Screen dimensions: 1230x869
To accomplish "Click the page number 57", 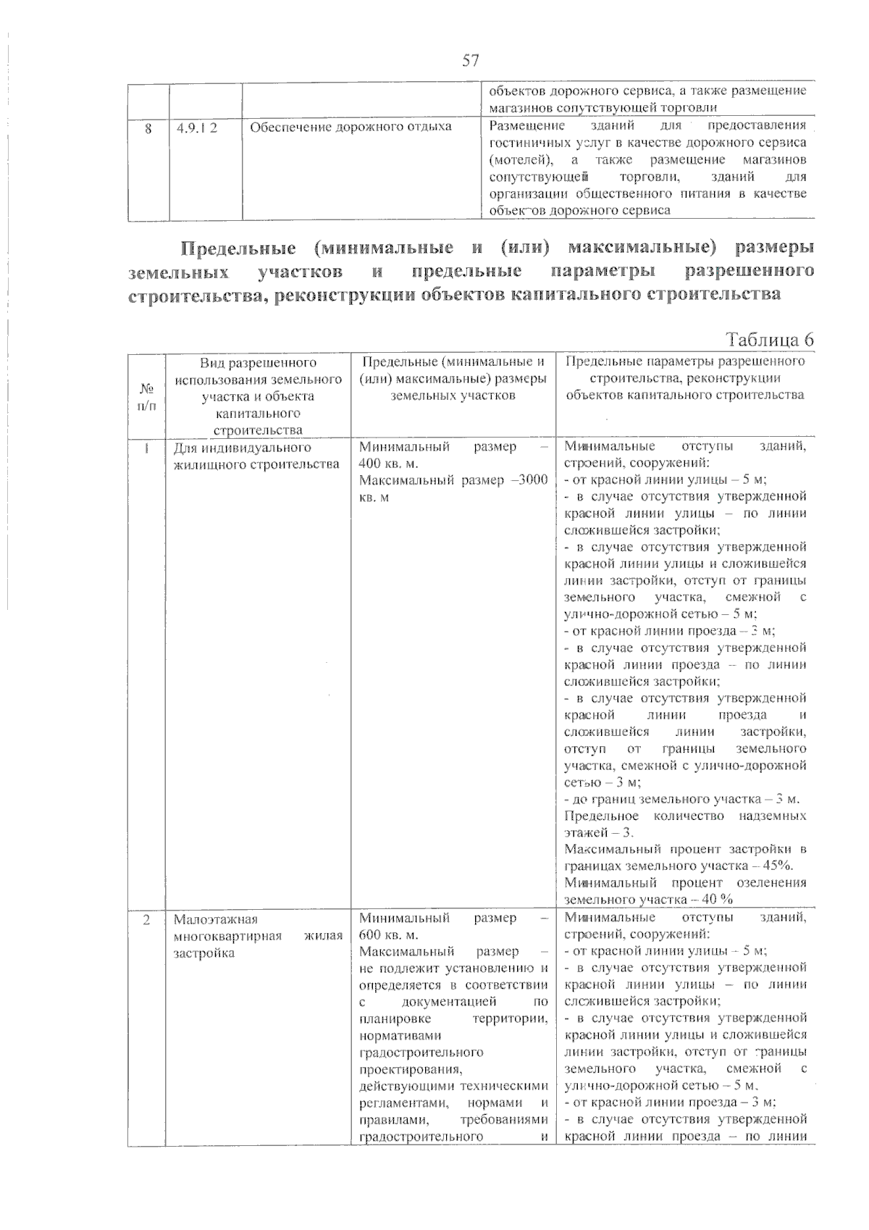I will click(x=471, y=60).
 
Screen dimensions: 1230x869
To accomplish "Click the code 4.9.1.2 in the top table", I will click(x=198, y=127).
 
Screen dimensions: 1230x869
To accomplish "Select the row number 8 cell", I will click(x=148, y=127).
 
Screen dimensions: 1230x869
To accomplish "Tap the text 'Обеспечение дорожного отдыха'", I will click(x=350, y=127).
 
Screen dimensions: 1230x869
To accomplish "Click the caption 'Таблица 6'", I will click(x=770, y=340).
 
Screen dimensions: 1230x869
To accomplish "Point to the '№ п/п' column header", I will click(x=146, y=396).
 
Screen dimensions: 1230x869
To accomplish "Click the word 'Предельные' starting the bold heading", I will click(x=238, y=248).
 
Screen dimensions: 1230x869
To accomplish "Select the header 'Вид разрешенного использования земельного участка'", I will click(x=258, y=388).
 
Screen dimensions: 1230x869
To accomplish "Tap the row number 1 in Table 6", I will click(x=146, y=448).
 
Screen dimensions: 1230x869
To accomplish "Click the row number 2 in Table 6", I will click(x=146, y=919).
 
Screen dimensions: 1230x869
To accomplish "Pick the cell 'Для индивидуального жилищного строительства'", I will click(x=257, y=456).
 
